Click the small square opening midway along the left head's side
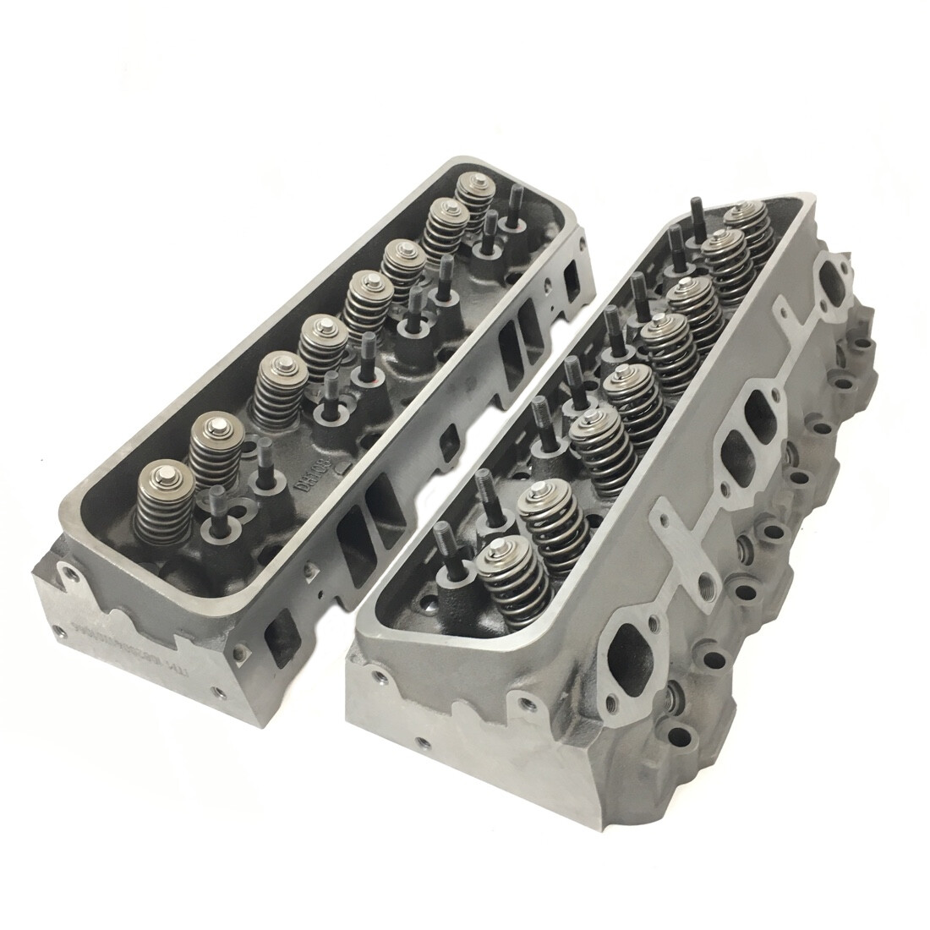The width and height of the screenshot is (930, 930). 450,440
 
